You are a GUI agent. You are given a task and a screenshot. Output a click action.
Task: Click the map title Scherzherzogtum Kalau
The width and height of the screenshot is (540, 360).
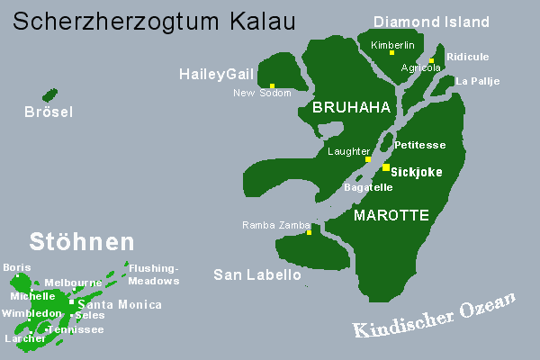point(157,19)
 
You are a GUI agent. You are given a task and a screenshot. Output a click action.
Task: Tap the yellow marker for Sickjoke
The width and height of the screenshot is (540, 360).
point(386,167)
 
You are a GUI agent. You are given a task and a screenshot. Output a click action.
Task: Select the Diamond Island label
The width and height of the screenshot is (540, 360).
point(431,22)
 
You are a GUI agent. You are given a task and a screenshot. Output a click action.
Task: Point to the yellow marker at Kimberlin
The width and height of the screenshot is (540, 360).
point(391,53)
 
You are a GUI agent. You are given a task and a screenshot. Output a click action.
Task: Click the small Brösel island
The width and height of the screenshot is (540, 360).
point(49,94)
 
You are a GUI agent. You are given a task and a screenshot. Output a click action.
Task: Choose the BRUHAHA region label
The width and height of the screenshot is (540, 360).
point(351,108)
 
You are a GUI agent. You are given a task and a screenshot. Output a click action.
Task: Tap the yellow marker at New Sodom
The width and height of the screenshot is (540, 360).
point(272,86)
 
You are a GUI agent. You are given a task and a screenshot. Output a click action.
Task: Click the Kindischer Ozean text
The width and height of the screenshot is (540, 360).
point(435,315)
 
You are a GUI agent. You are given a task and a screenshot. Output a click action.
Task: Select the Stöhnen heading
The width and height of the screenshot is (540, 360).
point(82,241)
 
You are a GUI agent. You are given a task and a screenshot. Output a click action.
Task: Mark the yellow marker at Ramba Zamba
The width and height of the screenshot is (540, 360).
point(309,233)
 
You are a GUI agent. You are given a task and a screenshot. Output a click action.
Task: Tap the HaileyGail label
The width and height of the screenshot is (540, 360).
point(217,74)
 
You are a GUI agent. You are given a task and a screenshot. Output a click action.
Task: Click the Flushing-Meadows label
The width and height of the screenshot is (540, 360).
point(154,274)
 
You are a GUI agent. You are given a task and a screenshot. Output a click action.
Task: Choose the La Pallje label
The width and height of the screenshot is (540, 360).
point(477,81)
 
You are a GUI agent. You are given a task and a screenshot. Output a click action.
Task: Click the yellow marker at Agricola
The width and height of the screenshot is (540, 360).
point(432,60)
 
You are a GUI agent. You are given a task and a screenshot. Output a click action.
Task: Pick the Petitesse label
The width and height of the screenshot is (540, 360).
point(420,144)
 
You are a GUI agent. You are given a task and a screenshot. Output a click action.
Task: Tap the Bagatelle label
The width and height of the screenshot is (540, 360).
point(368,187)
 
